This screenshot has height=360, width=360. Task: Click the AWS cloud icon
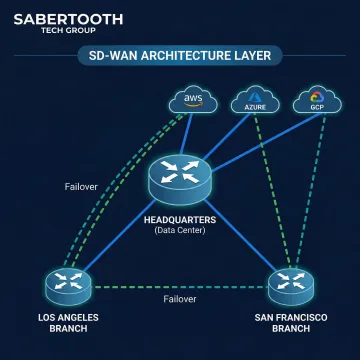(x=190, y=100)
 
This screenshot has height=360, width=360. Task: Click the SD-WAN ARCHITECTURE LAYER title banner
(x=180, y=57)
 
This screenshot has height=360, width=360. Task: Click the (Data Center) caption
(x=180, y=232)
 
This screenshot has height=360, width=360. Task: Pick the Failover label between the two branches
(x=179, y=298)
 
